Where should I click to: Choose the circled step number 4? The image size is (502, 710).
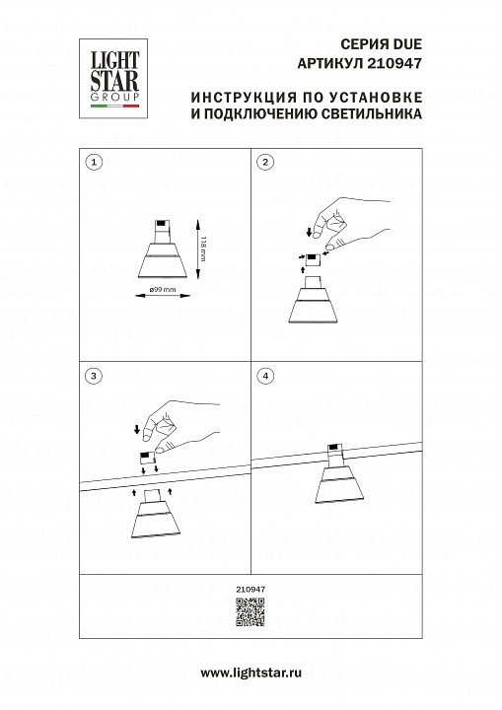(x=264, y=377)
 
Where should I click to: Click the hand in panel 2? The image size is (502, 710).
(x=335, y=222)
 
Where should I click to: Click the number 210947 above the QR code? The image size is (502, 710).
(x=251, y=589)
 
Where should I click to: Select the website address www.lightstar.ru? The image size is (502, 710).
(x=251, y=673)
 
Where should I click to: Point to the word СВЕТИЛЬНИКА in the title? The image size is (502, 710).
(x=364, y=114)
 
